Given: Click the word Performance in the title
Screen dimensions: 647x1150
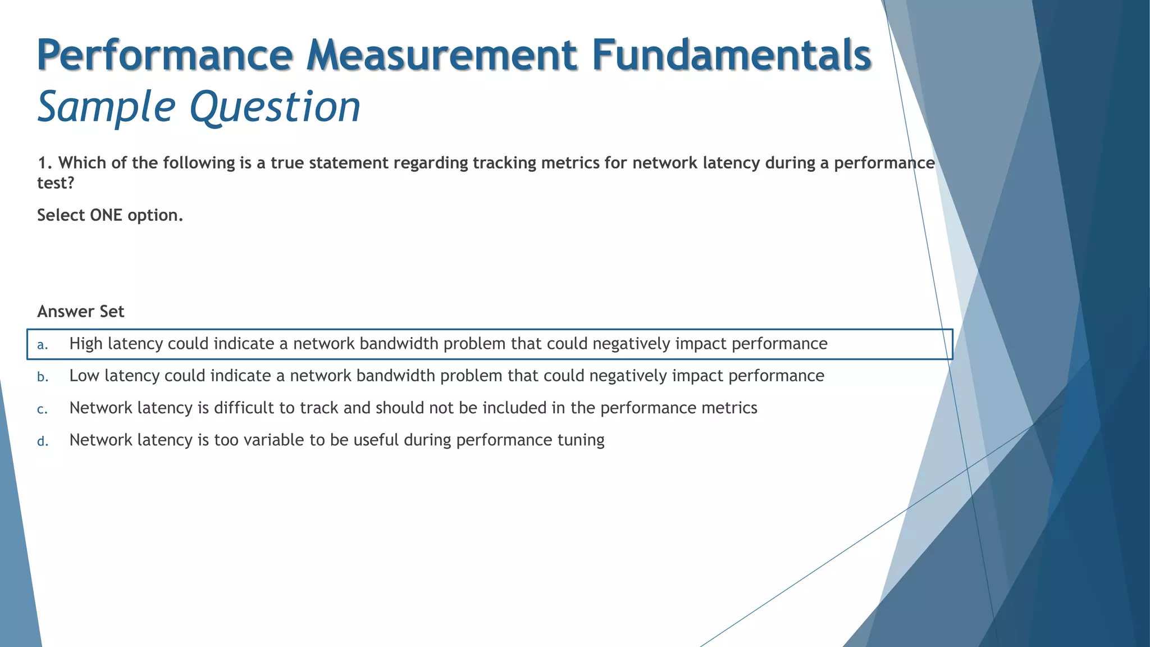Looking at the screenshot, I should coord(165,55).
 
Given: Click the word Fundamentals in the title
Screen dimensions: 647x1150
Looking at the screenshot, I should coord(731,55).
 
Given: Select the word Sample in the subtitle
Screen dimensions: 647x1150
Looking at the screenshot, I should coord(106,107).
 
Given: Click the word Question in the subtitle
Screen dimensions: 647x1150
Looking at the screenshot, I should coord(275,107).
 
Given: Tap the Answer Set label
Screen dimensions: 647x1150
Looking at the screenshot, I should coord(80,312).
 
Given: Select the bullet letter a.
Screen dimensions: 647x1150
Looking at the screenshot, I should coord(42,345).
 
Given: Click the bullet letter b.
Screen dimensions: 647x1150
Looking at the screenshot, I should coord(42,377).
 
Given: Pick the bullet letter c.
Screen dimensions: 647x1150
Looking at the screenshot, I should coord(42,409).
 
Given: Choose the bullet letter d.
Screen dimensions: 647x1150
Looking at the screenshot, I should coord(42,441).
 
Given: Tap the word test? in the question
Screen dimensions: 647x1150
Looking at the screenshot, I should coord(55,183).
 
